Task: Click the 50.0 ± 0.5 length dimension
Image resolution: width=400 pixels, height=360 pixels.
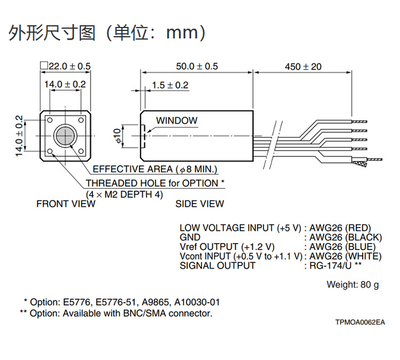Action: point(197,66)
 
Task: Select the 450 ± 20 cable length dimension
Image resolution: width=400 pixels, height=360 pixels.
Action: point(303,66)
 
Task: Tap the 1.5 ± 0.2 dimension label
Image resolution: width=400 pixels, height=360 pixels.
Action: point(170,85)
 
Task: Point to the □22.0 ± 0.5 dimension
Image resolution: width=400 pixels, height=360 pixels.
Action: point(65,66)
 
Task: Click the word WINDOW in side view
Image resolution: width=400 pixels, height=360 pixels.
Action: point(177,121)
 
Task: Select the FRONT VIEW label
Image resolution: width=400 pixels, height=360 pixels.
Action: point(65,204)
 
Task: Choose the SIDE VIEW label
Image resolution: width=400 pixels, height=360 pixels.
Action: point(200,204)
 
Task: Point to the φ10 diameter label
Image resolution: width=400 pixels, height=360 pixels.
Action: point(118,136)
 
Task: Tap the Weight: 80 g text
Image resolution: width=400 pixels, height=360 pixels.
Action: point(352,284)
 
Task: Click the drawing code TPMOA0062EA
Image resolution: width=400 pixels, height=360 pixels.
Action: point(360,322)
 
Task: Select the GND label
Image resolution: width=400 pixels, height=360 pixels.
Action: point(190,237)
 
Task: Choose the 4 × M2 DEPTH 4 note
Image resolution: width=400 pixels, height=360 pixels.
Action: point(125,194)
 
